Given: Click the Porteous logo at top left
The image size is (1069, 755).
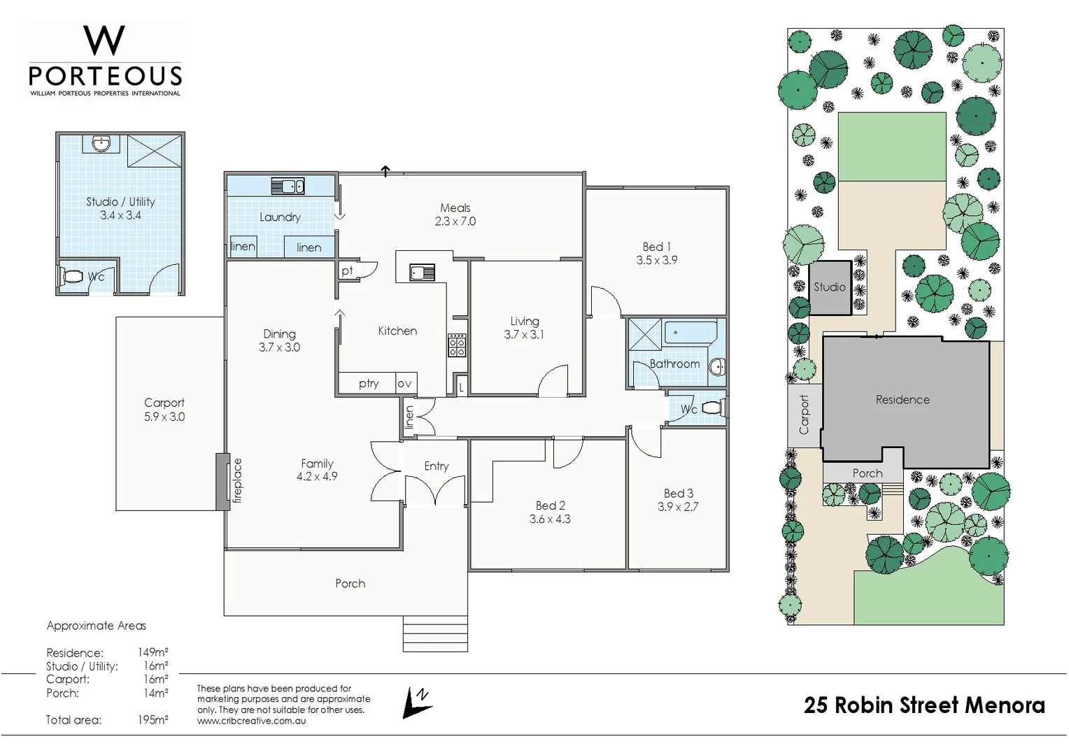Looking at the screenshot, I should pyautogui.click(x=105, y=61).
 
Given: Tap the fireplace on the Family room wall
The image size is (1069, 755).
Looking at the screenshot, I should pyautogui.click(x=223, y=481).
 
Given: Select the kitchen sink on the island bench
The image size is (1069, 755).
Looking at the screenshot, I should pyautogui.click(x=422, y=272).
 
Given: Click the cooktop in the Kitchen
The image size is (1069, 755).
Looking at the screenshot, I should pyautogui.click(x=457, y=345).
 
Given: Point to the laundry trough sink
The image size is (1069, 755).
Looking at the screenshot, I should pyautogui.click(x=288, y=186).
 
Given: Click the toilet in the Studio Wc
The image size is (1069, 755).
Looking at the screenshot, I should pyautogui.click(x=71, y=276).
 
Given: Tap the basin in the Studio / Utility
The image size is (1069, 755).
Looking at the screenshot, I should pyautogui.click(x=101, y=144).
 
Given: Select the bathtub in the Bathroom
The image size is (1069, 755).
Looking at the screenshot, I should pyautogui.click(x=690, y=332).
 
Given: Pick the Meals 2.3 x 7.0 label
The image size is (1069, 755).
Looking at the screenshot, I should pyautogui.click(x=455, y=215).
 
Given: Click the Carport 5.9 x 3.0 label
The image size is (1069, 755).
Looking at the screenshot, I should pyautogui.click(x=164, y=410).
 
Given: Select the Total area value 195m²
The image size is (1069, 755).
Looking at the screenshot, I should pyautogui.click(x=153, y=720).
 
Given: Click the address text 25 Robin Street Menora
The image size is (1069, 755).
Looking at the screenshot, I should pyautogui.click(x=924, y=705).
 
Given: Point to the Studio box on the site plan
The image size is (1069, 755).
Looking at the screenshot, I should pyautogui.click(x=830, y=287).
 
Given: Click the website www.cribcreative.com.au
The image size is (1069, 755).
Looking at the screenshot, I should pyautogui.click(x=251, y=721).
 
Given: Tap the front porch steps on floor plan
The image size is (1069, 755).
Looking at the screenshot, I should pyautogui.click(x=435, y=633).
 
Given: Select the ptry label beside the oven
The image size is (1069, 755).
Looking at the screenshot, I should pyautogui.click(x=368, y=383).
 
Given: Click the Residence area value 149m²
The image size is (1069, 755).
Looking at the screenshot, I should pyautogui.click(x=153, y=653).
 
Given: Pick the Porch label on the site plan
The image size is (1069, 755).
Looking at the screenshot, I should pyautogui.click(x=867, y=473).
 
